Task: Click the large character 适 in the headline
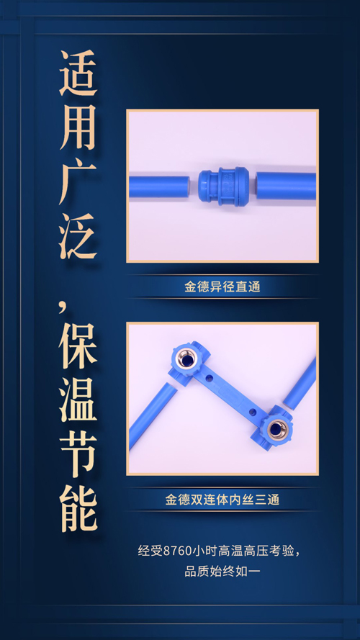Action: click(78, 73)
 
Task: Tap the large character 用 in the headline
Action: click(78, 127)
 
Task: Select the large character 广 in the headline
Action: click(78, 182)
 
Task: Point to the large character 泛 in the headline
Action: click(78, 236)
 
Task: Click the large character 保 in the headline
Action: click(78, 346)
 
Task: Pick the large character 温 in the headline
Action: click(78, 400)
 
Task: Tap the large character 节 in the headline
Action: click(78, 454)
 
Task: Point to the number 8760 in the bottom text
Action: click(177, 551)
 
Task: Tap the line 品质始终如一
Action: click(222, 572)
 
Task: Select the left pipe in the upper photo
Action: click(159, 186)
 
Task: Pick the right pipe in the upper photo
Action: click(286, 185)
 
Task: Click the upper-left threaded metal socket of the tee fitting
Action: click(186, 359)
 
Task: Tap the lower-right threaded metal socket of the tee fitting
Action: click(278, 428)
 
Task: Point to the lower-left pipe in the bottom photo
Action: click(154, 415)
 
